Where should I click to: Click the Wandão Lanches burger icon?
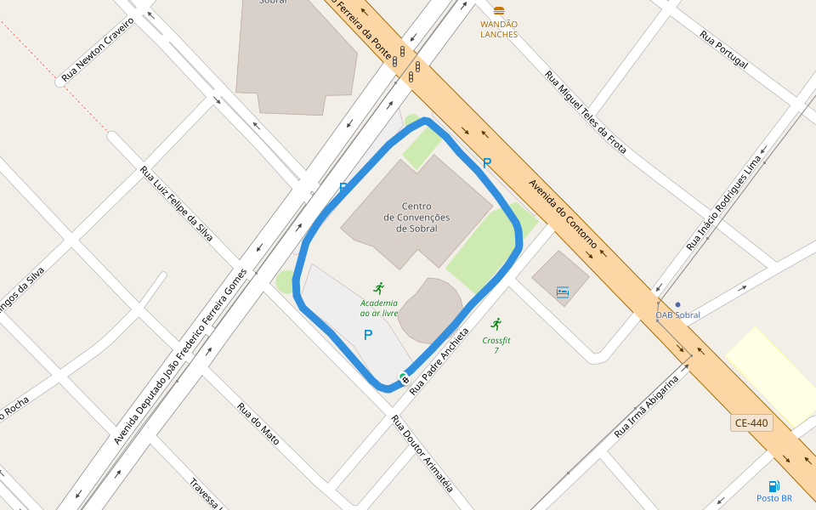tap(499, 11)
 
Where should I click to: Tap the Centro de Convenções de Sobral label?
tap(416, 218)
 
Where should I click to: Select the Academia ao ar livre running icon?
tap(378, 288)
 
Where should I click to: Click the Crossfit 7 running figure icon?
tap(496, 324)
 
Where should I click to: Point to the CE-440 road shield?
tap(751, 422)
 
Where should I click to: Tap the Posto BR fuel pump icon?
tap(773, 486)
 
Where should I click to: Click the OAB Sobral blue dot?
tap(677, 304)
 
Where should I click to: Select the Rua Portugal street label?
tap(723, 50)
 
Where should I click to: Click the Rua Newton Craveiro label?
tap(99, 50)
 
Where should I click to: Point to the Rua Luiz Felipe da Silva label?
tap(177, 204)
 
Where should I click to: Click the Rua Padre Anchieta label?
tap(439, 361)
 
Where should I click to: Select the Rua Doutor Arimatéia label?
tap(422, 453)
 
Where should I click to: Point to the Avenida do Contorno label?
tap(563, 212)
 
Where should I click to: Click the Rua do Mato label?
tap(258, 429)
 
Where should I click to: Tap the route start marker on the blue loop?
tap(405, 378)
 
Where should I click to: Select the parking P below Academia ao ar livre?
tap(368, 335)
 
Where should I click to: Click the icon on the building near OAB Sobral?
tap(562, 292)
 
